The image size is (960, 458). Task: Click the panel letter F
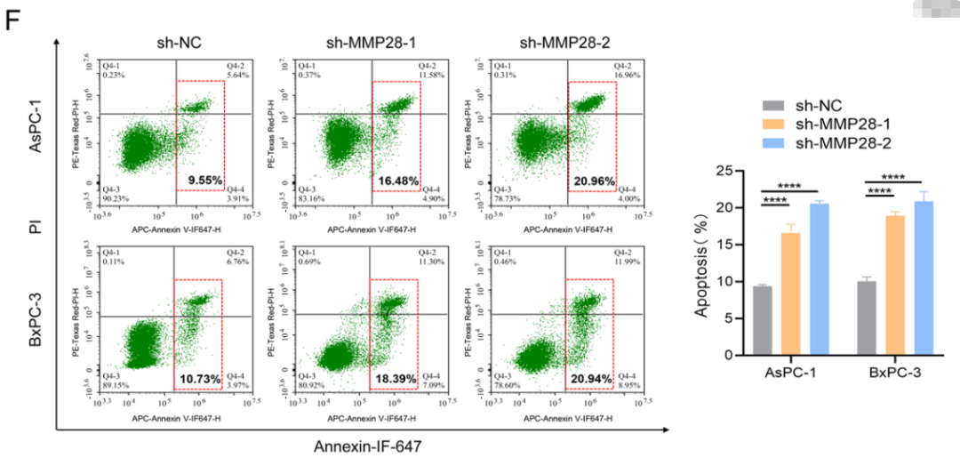tap(13, 20)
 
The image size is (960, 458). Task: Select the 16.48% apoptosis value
tap(397, 181)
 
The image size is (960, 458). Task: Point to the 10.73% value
tap(200, 380)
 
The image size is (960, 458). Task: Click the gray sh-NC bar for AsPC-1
tap(763, 320)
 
